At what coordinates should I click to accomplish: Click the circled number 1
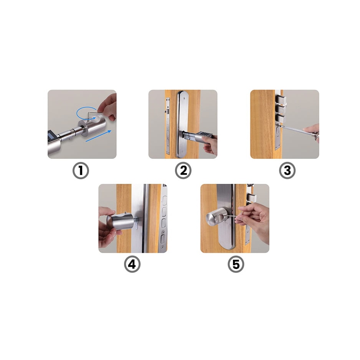(81, 170)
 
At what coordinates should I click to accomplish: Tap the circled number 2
(183, 170)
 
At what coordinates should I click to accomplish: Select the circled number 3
(287, 170)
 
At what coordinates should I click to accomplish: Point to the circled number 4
(132, 264)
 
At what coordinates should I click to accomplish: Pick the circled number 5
(236, 264)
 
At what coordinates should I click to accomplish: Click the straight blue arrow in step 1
(99, 136)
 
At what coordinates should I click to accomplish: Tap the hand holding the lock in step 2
(210, 145)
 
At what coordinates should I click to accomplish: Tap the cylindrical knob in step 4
(120, 221)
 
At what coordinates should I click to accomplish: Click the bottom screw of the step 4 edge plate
(163, 247)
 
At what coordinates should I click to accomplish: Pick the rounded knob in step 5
(216, 218)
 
